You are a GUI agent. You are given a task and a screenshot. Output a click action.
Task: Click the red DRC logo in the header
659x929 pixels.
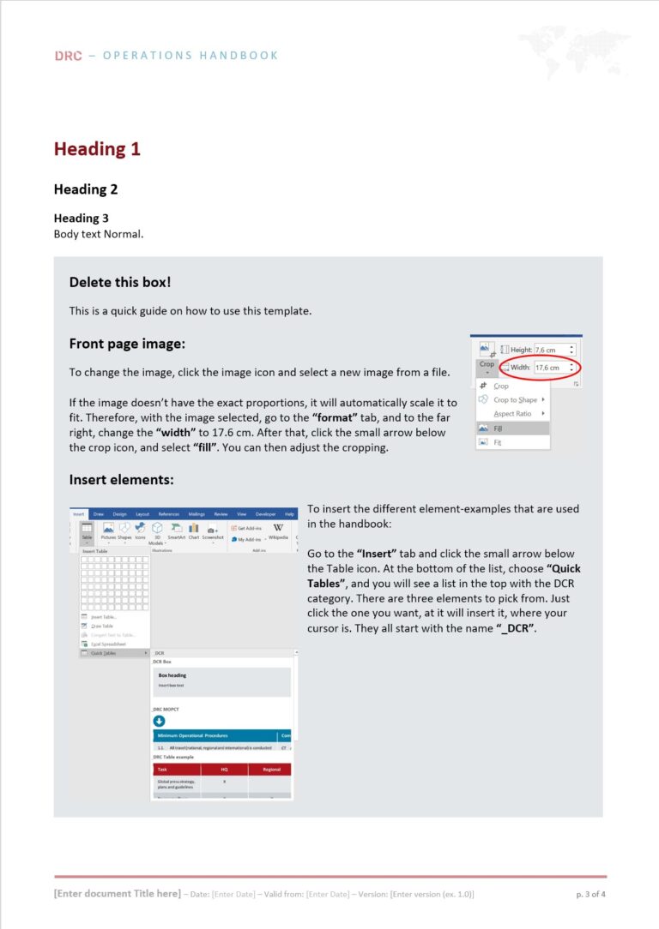tap(68, 56)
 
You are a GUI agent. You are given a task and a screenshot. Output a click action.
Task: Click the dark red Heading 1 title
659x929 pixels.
tap(97, 149)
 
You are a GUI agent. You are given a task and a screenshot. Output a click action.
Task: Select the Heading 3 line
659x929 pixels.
tap(81, 218)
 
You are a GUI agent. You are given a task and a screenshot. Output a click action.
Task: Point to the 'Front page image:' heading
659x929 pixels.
tap(127, 344)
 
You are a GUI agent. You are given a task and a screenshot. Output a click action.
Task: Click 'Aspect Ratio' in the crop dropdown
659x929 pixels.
tap(512, 414)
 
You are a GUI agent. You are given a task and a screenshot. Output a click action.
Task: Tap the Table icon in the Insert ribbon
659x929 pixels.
tap(87, 531)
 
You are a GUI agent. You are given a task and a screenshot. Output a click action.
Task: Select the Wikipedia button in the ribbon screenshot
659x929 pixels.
tap(278, 532)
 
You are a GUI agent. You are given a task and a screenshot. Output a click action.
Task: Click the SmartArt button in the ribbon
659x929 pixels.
tap(176, 531)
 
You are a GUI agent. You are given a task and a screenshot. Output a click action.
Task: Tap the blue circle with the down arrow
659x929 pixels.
tap(159, 721)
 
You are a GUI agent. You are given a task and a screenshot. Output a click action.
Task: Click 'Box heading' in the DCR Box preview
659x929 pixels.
tap(172, 675)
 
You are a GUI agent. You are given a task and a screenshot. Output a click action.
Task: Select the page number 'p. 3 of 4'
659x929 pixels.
tap(591, 894)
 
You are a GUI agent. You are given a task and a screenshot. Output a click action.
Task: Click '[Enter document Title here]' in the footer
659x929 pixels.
tap(118, 894)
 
